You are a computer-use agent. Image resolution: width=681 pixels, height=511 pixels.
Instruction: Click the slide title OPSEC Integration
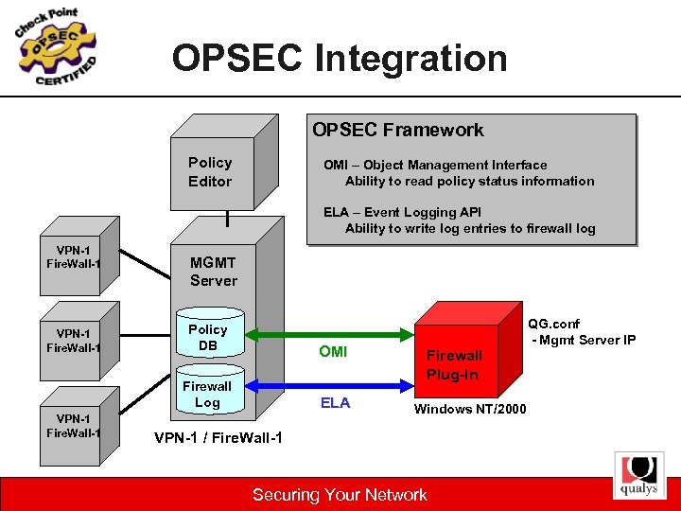point(340,59)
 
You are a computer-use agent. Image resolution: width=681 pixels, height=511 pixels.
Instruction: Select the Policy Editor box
point(210,171)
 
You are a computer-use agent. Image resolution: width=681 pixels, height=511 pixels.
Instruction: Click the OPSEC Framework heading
point(398,130)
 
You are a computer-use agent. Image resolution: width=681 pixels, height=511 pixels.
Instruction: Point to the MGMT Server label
point(213,272)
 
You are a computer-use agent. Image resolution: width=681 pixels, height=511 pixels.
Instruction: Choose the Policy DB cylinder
point(208,339)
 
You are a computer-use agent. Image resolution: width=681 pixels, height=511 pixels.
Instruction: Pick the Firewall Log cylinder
point(207,394)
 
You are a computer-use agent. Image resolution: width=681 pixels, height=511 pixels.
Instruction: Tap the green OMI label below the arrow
point(333,352)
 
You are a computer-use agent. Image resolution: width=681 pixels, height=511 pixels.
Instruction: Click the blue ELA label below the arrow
point(335,403)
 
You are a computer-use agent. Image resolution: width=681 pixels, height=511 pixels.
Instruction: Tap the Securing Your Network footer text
point(340,494)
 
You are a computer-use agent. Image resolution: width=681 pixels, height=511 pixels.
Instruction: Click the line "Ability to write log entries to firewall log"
point(470,228)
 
